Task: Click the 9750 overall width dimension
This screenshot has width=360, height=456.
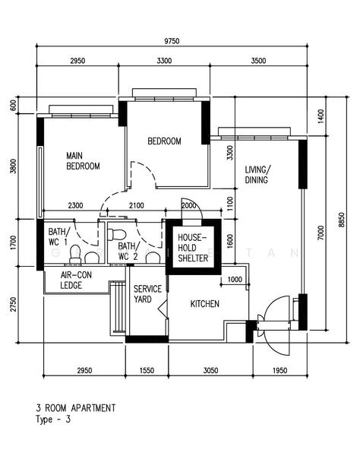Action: pyautogui.click(x=172, y=41)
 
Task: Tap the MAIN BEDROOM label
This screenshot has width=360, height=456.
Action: pyautogui.click(x=83, y=161)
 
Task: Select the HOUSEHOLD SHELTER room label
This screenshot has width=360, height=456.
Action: pyautogui.click(x=193, y=248)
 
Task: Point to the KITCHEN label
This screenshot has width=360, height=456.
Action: pyautogui.click(x=205, y=304)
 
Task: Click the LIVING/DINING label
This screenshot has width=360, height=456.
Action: pyautogui.click(x=257, y=175)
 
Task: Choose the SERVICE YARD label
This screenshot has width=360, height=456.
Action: pyautogui.click(x=147, y=294)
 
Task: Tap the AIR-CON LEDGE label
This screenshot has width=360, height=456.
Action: pyautogui.click(x=76, y=280)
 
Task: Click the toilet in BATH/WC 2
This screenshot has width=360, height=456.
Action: pyautogui.click(x=117, y=234)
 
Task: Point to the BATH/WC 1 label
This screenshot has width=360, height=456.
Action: pyautogui.click(x=59, y=236)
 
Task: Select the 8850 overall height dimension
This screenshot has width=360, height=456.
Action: pyautogui.click(x=342, y=220)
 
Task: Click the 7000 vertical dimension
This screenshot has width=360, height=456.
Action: pyautogui.click(x=321, y=233)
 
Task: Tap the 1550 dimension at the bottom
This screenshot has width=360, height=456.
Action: pyautogui.click(x=147, y=371)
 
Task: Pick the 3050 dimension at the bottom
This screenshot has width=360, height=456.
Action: pyautogui.click(x=210, y=371)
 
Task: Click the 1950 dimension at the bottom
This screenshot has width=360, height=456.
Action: pyautogui.click(x=279, y=371)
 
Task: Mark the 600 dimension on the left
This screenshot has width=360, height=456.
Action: pyautogui.click(x=13, y=105)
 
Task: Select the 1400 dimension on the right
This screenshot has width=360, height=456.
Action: pyautogui.click(x=321, y=116)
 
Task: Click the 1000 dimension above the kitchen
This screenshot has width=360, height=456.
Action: pyautogui.click(x=235, y=280)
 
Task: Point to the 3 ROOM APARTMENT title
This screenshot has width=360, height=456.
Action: pyautogui.click(x=76, y=408)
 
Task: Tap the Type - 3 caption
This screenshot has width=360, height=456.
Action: pyautogui.click(x=53, y=420)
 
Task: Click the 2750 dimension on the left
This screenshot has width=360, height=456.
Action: pyautogui.click(x=13, y=304)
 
